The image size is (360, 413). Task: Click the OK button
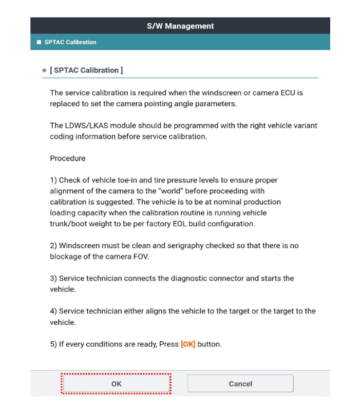[x=116, y=384]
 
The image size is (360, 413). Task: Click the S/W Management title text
[x=180, y=26]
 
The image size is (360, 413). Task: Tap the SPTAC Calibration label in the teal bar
[x=74, y=42]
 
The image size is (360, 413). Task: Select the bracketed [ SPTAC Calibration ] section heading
[x=86, y=70]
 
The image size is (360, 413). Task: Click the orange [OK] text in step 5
[x=188, y=344]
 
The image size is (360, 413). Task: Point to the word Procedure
[x=68, y=158]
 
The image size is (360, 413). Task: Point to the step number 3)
[x=53, y=279]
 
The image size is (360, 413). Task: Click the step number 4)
[x=53, y=311]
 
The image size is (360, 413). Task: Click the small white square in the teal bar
[x=39, y=42]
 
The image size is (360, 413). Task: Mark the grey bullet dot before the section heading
[x=44, y=70]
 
